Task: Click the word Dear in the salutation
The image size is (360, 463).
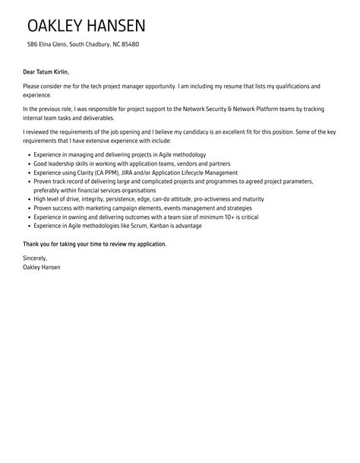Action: [30, 71]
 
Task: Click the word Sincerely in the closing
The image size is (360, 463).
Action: [35, 258]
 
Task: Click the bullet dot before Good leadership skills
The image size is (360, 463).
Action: [28, 164]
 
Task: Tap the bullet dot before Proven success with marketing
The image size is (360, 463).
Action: [28, 208]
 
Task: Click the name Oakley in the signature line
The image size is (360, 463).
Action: [33, 268]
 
